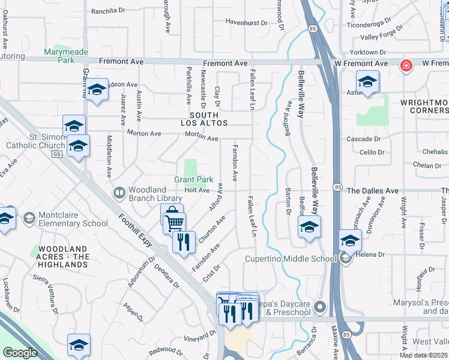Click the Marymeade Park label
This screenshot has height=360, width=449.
tap(67, 56)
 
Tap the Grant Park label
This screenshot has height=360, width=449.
tap(194, 179)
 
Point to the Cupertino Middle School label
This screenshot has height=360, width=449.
tap(290, 259)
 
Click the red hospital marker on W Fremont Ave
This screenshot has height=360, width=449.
tap(406, 65)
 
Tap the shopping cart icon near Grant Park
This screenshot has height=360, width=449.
tap(174, 223)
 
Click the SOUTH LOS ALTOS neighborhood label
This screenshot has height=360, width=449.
tap(209, 118)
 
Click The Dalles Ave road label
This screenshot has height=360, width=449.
tap(372, 191)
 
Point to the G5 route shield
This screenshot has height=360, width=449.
tap(57, 154)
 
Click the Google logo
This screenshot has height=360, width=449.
tap(20, 353)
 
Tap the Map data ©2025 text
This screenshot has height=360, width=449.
tap(423, 355)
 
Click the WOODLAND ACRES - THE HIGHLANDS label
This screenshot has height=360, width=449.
tap(64, 256)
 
